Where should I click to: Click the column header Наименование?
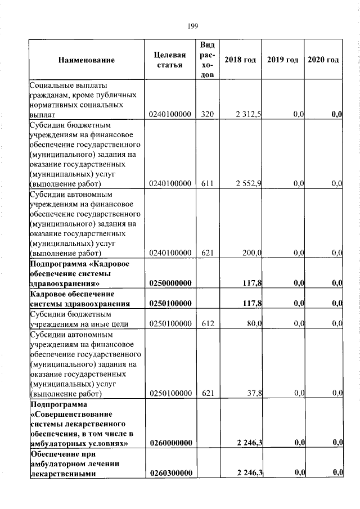coord(86,60)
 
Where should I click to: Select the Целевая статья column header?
coord(169,60)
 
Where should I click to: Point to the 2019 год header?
coord(282,60)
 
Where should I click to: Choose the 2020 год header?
coord(323,60)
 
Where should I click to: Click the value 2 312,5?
coord(248,115)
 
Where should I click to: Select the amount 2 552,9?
coord(248,184)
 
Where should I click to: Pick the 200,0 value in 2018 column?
coord(251,253)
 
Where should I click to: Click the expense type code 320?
coord(208,115)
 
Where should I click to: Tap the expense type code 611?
coord(208,184)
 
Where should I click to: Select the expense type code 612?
coord(208,323)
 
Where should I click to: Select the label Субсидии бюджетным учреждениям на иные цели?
coord(79,319)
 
